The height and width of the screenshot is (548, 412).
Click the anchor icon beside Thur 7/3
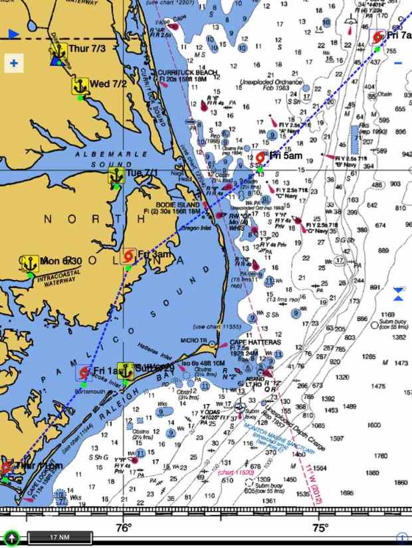click(x=58, y=49)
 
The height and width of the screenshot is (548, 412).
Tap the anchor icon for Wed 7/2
click(x=80, y=86)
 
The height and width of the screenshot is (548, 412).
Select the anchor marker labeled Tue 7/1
click(x=116, y=175)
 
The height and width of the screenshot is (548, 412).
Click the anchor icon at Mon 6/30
click(x=30, y=263)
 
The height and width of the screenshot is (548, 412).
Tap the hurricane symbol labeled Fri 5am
click(x=260, y=158)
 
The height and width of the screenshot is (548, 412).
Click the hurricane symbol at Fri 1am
click(x=84, y=372)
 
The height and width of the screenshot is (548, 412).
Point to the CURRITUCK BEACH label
click(x=178, y=72)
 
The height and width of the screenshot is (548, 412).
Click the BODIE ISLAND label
click(x=177, y=206)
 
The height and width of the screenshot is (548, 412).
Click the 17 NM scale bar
click(x=59, y=537)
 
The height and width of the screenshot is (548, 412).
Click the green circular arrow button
click(x=11, y=538)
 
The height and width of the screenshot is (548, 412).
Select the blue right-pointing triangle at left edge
click(x=13, y=33)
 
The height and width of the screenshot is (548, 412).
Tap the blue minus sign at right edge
click(x=398, y=63)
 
